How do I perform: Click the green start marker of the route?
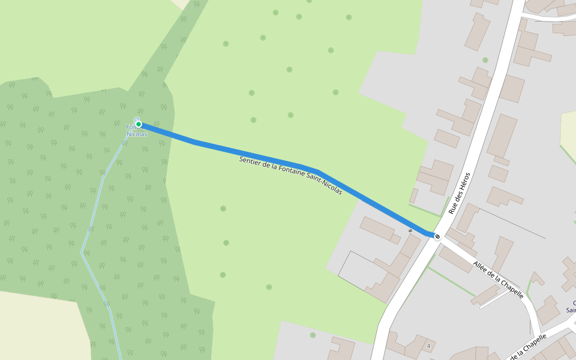pos(139,124)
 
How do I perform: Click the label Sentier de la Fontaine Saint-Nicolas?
pos(290,175)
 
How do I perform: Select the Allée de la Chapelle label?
pos(498,280)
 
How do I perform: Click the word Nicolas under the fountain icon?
pos(137,134)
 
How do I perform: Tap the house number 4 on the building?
pos(429,346)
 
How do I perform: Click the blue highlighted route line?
pos(252,154)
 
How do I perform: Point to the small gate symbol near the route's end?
pos(410,230)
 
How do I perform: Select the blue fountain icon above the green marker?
pos(137,119)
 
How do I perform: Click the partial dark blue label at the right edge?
pos(571,307)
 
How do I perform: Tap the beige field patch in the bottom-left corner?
pos(36,324)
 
